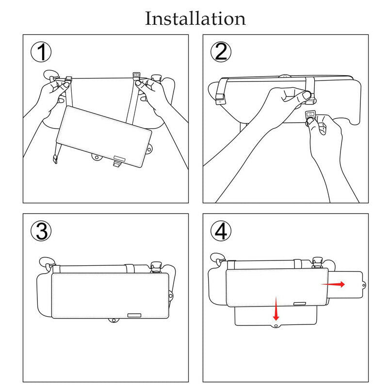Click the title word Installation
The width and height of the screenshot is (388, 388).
click(x=195, y=18)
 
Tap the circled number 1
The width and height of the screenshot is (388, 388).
click(x=41, y=52)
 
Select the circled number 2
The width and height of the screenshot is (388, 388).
click(x=221, y=52)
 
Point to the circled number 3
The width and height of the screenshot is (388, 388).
click(x=41, y=231)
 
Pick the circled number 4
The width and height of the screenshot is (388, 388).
click(x=221, y=231)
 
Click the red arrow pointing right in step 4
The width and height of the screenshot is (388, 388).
click(x=333, y=284)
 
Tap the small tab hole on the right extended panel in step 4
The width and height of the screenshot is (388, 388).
click(x=364, y=285)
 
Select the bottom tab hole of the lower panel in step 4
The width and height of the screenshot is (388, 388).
click(x=276, y=325)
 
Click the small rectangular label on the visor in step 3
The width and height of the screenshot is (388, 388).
click(x=134, y=315)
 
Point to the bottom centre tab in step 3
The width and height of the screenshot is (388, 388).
click(x=113, y=321)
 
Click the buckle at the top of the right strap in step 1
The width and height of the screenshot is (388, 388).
click(x=136, y=75)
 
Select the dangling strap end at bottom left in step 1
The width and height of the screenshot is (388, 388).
click(x=55, y=159)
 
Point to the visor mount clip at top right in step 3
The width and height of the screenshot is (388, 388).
click(x=156, y=267)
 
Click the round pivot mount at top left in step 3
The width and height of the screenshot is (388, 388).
click(x=47, y=263)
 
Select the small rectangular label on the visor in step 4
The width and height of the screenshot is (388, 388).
click(x=300, y=304)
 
